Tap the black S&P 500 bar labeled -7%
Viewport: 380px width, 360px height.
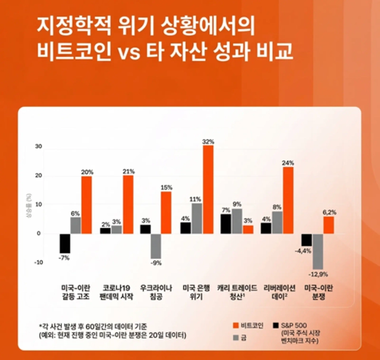pyautogui.click(x=65, y=243)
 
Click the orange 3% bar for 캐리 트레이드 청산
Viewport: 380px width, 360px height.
pyautogui.click(x=248, y=229)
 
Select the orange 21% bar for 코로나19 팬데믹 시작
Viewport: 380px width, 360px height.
pyautogui.click(x=128, y=204)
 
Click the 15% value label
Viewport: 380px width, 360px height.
pyautogui.click(x=166, y=187)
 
